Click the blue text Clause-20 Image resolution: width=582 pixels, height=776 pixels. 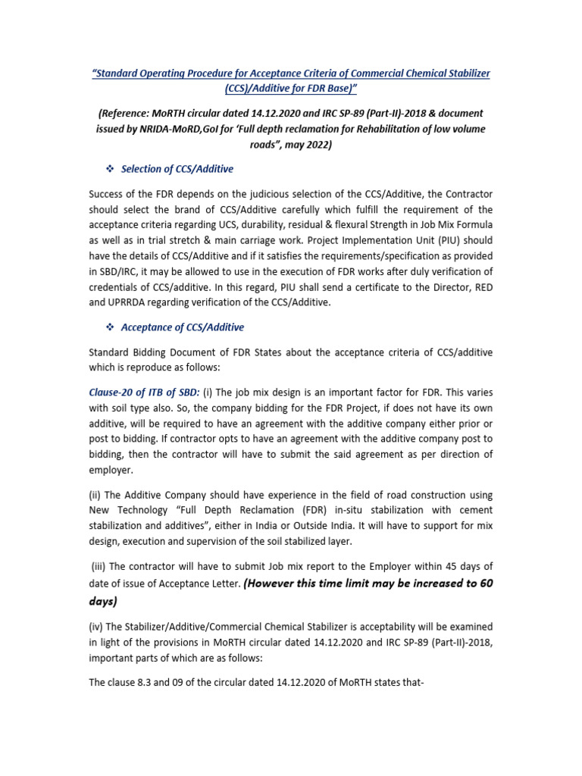[116, 392]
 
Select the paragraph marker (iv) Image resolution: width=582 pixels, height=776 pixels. [97, 627]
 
